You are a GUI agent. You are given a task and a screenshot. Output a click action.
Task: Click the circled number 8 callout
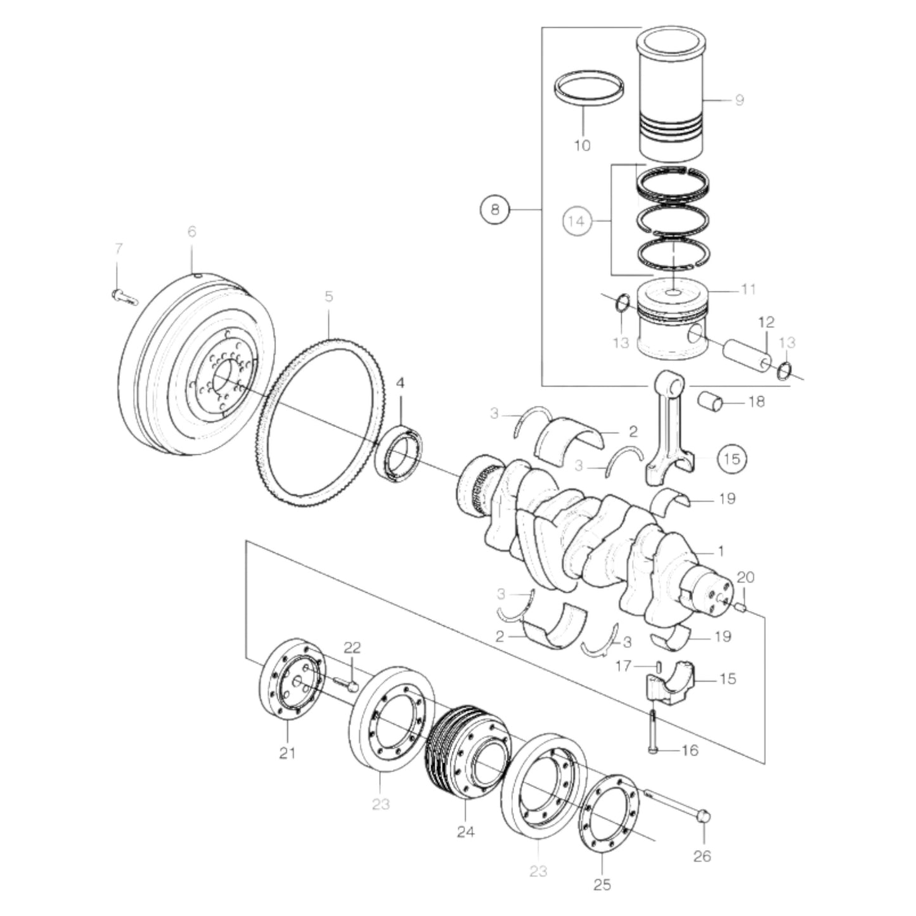point(495,209)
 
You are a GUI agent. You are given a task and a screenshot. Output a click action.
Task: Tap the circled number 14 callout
point(576,221)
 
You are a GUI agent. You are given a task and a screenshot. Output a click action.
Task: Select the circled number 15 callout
point(732,458)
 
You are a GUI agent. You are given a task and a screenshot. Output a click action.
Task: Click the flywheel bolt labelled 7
point(124,296)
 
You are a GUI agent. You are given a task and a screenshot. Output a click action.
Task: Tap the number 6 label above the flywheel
point(191,232)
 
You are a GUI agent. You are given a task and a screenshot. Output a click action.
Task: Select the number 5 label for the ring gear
point(328,296)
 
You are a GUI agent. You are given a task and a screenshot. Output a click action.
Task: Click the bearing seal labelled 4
point(400,451)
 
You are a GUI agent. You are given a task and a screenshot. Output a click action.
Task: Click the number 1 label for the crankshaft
point(721,552)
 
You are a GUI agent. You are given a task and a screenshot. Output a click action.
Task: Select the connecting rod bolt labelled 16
point(652,732)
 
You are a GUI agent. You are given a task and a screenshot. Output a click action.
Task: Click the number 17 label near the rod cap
point(624,666)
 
